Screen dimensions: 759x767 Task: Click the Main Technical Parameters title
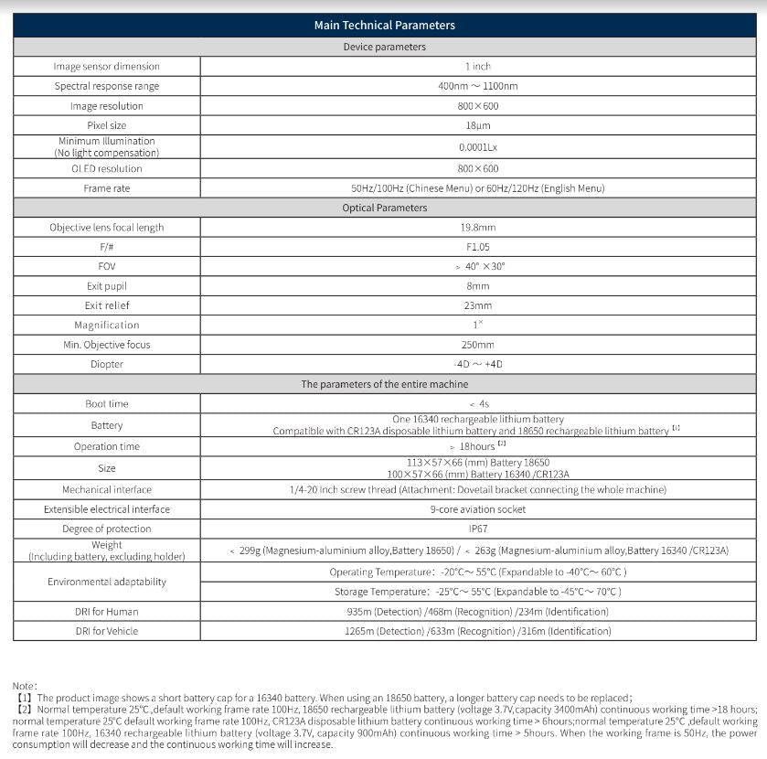[384, 26]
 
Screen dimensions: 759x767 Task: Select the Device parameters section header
[384, 47]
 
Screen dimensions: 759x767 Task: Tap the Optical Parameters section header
[384, 208]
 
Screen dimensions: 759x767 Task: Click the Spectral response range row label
[106, 86]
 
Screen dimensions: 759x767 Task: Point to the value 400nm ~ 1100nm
[477, 86]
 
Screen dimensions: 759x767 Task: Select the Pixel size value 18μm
[477, 125]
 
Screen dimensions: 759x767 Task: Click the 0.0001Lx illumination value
[477, 146]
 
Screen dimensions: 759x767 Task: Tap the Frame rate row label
[106, 188]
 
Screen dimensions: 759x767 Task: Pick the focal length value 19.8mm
[477, 227]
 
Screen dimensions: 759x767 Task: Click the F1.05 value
[477, 247]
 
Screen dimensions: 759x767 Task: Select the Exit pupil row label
[106, 286]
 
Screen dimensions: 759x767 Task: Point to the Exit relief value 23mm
[477, 305]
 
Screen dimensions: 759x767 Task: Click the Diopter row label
[106, 364]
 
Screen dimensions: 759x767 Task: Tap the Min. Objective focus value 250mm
[477, 345]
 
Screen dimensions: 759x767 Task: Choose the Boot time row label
[106, 403]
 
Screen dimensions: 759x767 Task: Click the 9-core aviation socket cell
[477, 509]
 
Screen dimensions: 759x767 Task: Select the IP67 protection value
[477, 529]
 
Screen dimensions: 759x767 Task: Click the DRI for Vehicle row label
[106, 631]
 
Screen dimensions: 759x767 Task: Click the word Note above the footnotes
[25, 685]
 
